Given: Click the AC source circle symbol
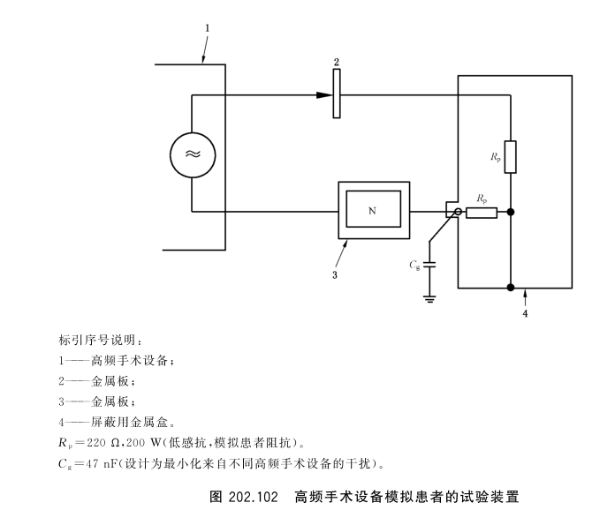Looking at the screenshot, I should [x=192, y=154].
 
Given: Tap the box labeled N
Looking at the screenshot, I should [x=373, y=212].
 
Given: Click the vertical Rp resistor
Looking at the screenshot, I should [x=511, y=156].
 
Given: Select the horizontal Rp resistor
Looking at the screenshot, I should [x=482, y=213].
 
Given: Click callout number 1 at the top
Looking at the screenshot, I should [x=207, y=28].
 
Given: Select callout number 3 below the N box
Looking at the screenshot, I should [x=335, y=274].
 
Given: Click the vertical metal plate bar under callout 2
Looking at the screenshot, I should [x=337, y=94].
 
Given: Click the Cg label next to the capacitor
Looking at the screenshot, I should [x=414, y=265].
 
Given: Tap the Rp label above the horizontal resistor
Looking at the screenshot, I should [x=482, y=199].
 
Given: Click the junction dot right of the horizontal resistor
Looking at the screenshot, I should [x=511, y=213].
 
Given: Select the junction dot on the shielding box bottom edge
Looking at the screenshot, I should [x=511, y=287].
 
